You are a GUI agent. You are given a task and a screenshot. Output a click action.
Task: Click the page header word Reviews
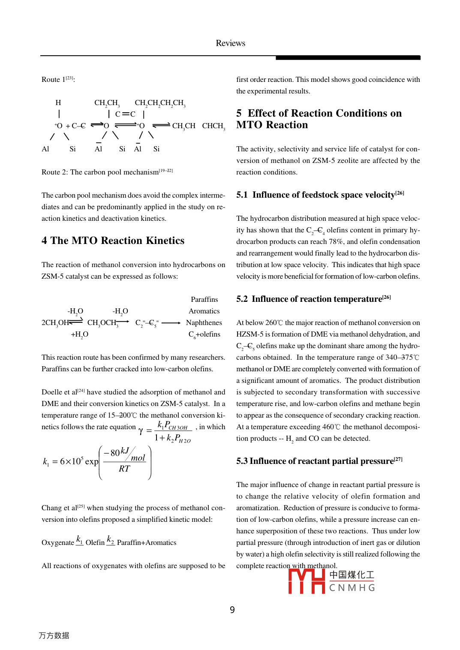click(x=230, y=43)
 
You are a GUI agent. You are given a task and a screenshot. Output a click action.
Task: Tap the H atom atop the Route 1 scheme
click(x=58, y=103)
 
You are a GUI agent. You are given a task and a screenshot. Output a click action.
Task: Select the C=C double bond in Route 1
click(x=125, y=114)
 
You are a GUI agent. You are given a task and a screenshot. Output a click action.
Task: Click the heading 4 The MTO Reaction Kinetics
click(x=113, y=241)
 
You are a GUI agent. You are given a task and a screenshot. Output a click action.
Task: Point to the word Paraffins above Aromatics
click(x=204, y=299)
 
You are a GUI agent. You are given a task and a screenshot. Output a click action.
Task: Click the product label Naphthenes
click(x=204, y=322)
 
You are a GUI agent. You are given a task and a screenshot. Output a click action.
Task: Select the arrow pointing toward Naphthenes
click(x=171, y=323)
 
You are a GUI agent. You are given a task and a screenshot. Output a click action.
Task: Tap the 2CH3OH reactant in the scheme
click(x=55, y=323)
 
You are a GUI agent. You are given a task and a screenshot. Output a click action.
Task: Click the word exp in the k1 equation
click(x=92, y=462)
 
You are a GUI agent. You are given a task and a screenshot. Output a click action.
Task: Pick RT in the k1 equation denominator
click(x=124, y=469)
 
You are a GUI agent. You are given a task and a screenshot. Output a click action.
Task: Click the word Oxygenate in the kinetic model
click(x=58, y=543)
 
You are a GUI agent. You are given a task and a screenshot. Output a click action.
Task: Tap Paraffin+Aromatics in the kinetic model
click(x=147, y=543)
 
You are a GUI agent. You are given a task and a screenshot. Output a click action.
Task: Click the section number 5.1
click(x=242, y=195)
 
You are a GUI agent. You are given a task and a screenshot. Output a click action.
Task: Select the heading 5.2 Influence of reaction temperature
click(x=313, y=299)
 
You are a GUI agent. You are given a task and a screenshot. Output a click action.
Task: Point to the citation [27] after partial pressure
click(x=398, y=459)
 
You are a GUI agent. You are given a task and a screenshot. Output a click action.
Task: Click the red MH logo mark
click(x=307, y=581)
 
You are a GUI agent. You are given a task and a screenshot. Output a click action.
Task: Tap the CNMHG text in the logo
click(x=352, y=588)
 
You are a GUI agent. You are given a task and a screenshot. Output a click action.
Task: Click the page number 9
click(x=232, y=610)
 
